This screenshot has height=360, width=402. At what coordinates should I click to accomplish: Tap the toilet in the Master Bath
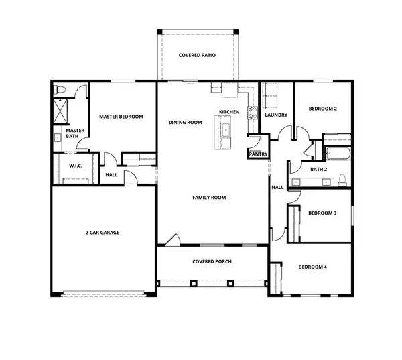click(59, 91)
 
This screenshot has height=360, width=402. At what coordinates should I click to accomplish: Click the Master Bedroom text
click(121, 117)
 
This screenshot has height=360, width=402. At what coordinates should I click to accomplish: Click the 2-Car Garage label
click(102, 233)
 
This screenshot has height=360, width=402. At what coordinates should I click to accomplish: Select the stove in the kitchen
click(252, 114)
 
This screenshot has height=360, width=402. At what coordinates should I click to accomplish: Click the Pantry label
click(258, 154)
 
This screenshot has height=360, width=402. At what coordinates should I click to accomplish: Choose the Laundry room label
click(276, 115)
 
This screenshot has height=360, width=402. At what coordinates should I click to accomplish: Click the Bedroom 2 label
click(322, 109)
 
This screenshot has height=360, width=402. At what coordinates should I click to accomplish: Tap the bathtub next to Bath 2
click(337, 152)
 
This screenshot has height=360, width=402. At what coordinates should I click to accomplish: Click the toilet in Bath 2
click(342, 179)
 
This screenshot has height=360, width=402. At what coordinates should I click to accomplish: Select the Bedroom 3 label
click(322, 213)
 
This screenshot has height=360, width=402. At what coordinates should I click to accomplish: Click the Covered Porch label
click(212, 261)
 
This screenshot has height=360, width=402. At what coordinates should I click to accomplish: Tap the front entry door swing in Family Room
click(172, 240)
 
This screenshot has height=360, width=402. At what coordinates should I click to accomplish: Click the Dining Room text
click(185, 123)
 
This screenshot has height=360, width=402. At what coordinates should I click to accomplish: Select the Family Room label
click(209, 198)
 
